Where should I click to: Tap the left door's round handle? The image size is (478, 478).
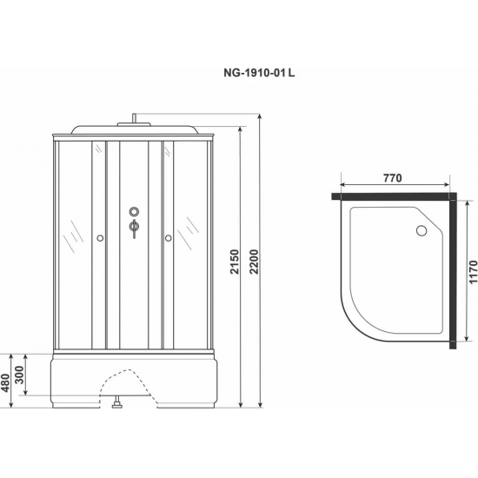100,237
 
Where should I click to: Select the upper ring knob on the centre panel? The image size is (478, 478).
133,211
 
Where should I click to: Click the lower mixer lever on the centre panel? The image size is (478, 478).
133,229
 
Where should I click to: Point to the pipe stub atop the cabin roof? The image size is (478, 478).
134,119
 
